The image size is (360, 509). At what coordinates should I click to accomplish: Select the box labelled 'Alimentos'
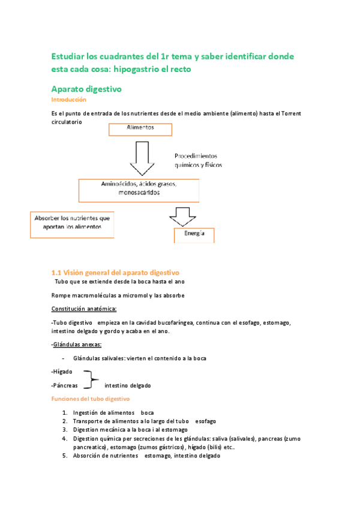tap(140, 129)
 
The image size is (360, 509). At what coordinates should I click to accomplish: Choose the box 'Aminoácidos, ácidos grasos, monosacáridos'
tap(139, 189)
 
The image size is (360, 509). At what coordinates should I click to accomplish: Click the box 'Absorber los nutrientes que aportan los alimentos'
tap(72, 223)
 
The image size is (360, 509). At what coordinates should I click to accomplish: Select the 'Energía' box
tap(194, 235)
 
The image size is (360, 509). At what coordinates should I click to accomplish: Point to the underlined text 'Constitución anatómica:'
tap(84, 309)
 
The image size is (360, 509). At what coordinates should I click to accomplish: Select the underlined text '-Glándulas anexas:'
tap(76, 345)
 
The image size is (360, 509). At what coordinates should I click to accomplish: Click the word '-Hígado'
tap(62, 372)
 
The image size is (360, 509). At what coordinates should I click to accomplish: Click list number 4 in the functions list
tap(64, 438)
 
